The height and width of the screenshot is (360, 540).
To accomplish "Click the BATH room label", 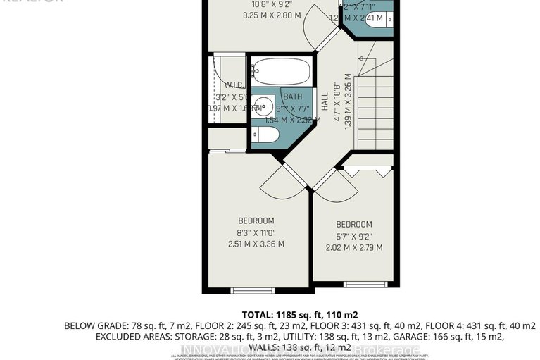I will coord(294,97).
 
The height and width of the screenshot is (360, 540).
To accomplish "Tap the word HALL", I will coord(325,104).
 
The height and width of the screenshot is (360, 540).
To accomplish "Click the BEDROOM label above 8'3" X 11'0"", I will coord(256,221).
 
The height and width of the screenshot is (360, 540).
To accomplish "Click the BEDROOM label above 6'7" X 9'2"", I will coord(354,224).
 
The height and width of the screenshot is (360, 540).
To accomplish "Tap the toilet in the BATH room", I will coord(268,135).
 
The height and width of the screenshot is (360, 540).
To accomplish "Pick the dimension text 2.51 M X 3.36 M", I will coord(256,244).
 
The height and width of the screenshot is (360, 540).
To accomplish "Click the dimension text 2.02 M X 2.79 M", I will coord(354,247).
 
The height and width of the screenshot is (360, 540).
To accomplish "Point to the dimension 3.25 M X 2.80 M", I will coord(252,15).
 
